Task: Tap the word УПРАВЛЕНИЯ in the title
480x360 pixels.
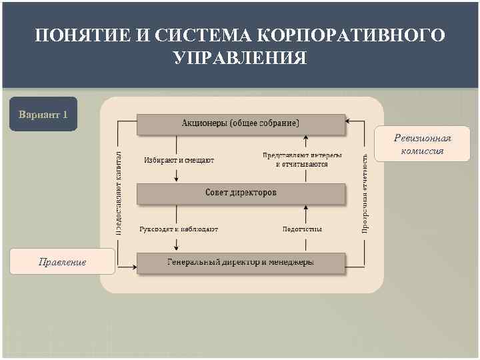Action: [240, 58]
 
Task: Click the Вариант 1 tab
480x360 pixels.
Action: [43, 115]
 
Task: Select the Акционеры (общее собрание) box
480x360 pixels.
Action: [241, 123]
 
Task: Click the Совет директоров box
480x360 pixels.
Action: [241, 193]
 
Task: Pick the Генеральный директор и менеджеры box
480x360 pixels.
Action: [241, 263]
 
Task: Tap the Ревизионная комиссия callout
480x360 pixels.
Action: [422, 145]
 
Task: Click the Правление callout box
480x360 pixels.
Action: [63, 261]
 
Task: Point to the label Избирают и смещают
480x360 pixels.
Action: [179, 160]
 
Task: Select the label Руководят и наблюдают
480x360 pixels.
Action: [179, 229]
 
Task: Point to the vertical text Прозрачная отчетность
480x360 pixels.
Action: [365, 193]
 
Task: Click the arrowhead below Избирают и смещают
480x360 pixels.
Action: [177, 178]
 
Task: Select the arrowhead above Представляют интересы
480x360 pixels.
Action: [305, 141]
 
